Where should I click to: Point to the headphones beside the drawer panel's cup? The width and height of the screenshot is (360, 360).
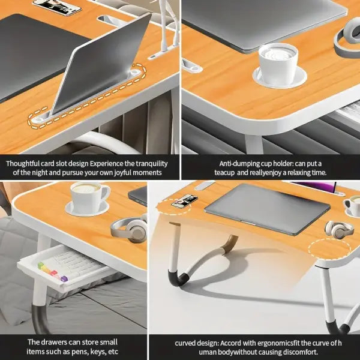click(x=129, y=229)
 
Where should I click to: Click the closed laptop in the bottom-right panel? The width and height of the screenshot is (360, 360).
click(x=266, y=208)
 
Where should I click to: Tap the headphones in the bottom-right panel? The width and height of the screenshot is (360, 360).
click(x=338, y=229)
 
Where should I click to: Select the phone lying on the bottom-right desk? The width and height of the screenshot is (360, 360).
click(x=184, y=201)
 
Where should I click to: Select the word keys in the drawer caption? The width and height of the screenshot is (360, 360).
click(x=94, y=352)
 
